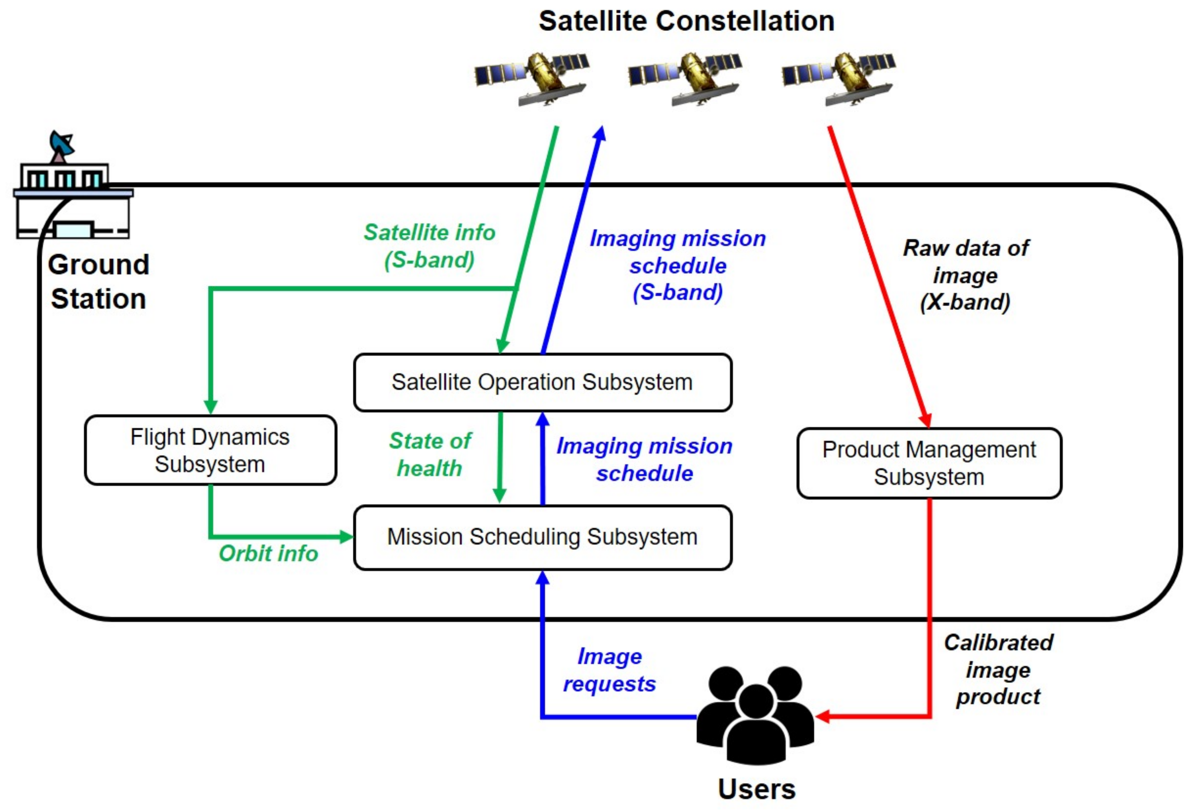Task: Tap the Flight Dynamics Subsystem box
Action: click(x=210, y=450)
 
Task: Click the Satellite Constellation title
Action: click(x=686, y=22)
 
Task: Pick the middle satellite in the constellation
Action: click(x=685, y=78)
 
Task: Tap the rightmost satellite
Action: click(x=838, y=78)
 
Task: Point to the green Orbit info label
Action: click(x=268, y=554)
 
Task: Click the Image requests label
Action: click(x=609, y=670)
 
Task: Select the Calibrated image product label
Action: click(x=998, y=670)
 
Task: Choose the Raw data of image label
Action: click(x=965, y=275)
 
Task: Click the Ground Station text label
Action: click(x=99, y=282)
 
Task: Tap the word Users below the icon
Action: click(x=756, y=789)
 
